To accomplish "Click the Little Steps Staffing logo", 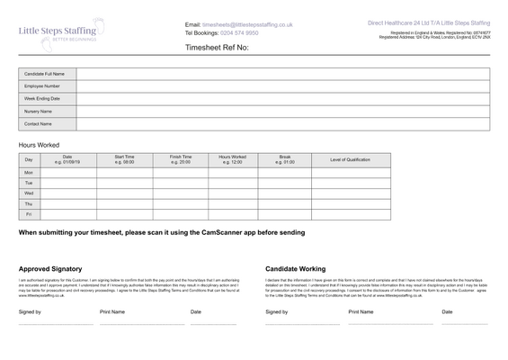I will point(61,31).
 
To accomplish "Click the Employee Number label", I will point(42,85).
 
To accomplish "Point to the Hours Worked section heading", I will point(39,144).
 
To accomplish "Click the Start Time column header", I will point(124,159).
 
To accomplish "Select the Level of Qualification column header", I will point(350,159).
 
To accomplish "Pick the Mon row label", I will point(29,172).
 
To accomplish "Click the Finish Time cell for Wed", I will point(180,193).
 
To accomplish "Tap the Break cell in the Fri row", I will point(285,214).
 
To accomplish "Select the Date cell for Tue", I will point(67,183).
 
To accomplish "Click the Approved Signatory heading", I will point(50,268).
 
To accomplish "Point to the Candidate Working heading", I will point(296,268).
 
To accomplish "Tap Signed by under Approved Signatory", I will point(30,311).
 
